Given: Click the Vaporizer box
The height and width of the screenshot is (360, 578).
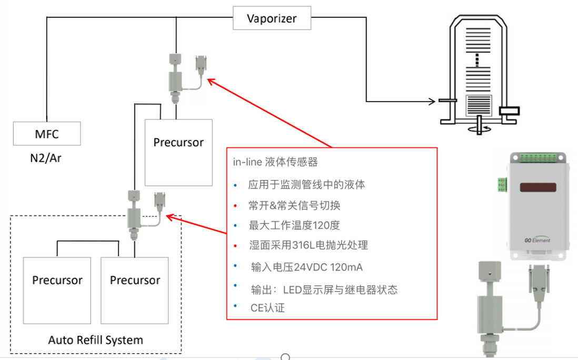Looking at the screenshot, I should pos(272,19).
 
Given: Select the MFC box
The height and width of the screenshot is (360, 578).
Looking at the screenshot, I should pos(46,134).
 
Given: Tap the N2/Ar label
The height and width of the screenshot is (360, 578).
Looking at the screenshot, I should pos(46,158).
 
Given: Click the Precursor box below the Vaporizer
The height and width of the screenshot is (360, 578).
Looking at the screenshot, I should pos(178,152).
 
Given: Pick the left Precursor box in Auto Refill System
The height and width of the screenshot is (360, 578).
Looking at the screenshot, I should pos(57,290).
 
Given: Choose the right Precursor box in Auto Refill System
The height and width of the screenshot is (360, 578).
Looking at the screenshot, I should pos(135,290).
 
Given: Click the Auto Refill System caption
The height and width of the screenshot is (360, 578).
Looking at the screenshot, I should pos(95,339).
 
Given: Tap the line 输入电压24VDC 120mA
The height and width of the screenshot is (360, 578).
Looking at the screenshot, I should pos(306,267).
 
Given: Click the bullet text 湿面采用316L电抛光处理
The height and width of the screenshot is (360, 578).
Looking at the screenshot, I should pos(308,245).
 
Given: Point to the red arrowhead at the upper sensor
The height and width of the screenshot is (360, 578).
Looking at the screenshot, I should pos(211,81).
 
